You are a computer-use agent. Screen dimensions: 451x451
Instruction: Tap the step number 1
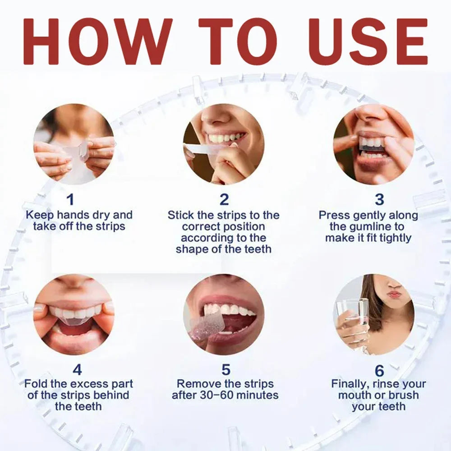tap(70, 199)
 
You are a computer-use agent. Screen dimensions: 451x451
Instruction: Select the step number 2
tap(224, 199)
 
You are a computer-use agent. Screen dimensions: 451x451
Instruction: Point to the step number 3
tap(379, 199)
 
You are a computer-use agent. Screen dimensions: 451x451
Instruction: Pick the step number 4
tap(77, 370)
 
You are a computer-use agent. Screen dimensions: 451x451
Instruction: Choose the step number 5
tap(226, 370)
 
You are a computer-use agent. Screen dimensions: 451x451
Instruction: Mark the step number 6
tap(379, 371)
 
